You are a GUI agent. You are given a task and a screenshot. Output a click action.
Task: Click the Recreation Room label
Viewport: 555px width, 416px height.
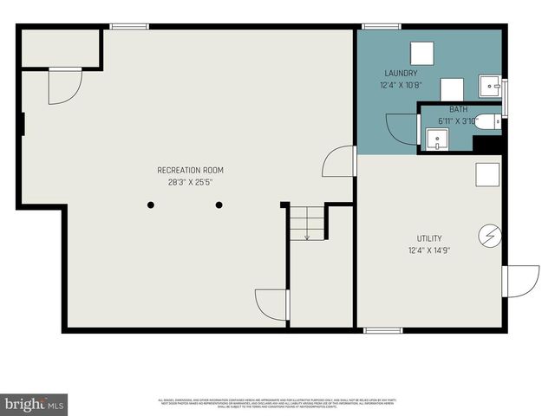click(x=190, y=170)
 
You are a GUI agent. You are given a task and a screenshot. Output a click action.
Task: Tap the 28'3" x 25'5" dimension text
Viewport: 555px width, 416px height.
click(x=190, y=182)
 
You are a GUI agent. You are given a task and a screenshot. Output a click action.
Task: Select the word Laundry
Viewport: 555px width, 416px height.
click(x=402, y=74)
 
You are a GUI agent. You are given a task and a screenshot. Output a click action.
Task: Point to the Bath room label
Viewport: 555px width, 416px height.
click(x=458, y=109)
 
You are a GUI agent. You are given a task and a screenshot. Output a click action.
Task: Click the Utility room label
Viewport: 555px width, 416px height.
click(x=429, y=238)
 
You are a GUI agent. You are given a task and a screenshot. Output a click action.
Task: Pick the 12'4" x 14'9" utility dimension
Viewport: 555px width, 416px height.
click(x=429, y=251)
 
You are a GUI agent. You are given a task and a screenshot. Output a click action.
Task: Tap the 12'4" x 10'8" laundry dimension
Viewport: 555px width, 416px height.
click(x=402, y=86)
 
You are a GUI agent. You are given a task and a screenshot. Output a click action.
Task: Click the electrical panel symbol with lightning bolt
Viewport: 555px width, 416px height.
click(x=488, y=235)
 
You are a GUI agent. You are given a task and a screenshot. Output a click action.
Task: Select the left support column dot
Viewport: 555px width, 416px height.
click(x=151, y=205)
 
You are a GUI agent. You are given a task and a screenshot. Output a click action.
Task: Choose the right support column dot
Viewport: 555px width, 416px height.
click(x=219, y=205)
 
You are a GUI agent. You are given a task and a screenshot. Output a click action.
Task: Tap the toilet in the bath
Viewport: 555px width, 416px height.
click(x=490, y=122)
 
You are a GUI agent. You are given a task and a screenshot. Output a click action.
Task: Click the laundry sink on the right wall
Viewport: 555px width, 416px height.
click(x=492, y=87)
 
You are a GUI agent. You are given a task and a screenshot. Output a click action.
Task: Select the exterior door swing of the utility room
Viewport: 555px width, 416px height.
click(x=520, y=281)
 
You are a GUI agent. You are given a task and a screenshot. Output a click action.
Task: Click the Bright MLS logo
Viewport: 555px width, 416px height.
click(x=35, y=404)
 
